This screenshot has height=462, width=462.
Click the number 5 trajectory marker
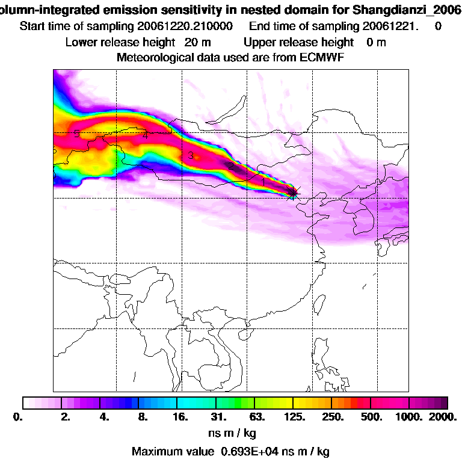(x=76, y=134)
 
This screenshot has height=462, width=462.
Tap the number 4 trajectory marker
(x=145, y=135)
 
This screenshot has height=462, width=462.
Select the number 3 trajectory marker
(x=191, y=155)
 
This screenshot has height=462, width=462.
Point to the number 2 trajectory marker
(x=229, y=165)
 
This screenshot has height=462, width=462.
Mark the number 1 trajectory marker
(x=264, y=180)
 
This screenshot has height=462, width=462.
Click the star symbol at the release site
(x=293, y=192)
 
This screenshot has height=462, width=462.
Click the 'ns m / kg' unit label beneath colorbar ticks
(x=231, y=433)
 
